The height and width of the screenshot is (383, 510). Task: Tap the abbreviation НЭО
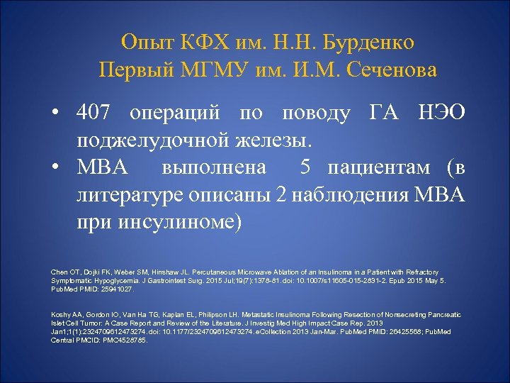point(441,113)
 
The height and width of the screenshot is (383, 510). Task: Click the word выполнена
point(214,168)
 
